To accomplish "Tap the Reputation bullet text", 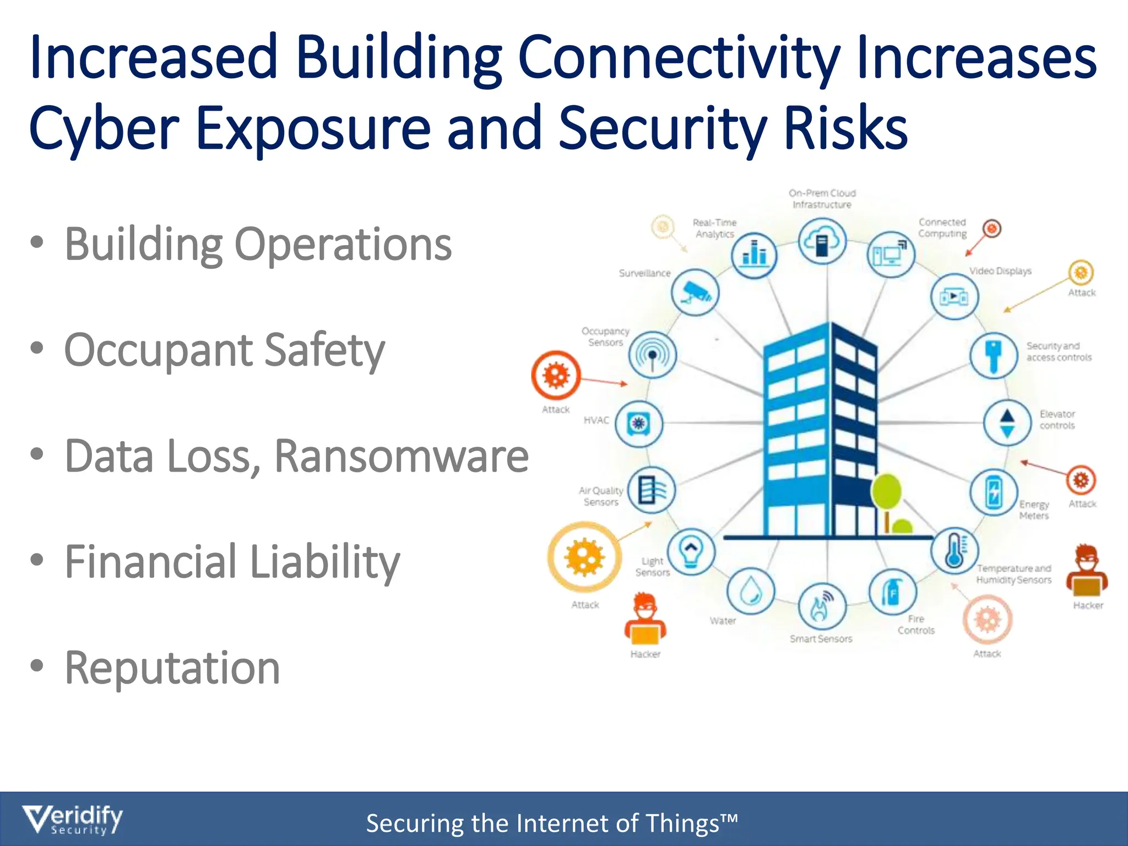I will pos(172,668).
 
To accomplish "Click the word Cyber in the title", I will pos(104,129).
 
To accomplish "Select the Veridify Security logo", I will pos(72,820).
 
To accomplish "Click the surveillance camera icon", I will pos(695,292).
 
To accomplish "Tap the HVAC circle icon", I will pos(638,424).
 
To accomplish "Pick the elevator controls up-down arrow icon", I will pos(1007,423).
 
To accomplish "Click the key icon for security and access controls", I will pos(994,355).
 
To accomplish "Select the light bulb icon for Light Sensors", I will pos(691,551).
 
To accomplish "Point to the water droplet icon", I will pos(750,592).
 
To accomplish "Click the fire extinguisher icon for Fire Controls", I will pos(892,593).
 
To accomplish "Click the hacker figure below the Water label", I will pos(645,619).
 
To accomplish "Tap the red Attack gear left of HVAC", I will pos(556,375).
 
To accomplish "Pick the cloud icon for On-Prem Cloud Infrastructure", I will pos(822,241).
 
